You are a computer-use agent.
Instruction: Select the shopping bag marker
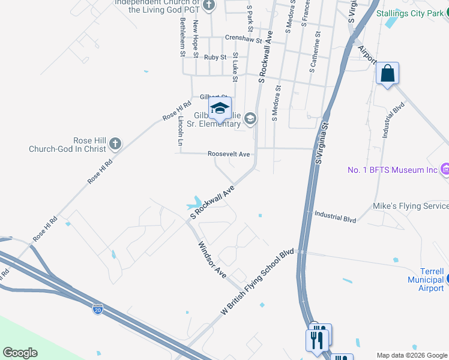[388, 74]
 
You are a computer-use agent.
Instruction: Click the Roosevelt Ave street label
[229, 154]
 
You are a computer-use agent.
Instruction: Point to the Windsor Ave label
[212, 259]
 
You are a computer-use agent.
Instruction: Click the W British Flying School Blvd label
[259, 282]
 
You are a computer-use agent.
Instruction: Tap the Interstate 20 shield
[97, 310]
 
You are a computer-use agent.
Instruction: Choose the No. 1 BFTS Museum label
[393, 170]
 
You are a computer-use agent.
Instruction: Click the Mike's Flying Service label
[411, 206]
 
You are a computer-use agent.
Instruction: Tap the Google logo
[20, 353]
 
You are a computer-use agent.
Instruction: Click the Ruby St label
[215, 58]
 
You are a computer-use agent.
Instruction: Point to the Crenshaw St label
[244, 38]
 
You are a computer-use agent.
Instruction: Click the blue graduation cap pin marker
[220, 108]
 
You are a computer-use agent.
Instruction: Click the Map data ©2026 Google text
[412, 355]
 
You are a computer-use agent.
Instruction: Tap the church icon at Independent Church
[209, 6]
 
